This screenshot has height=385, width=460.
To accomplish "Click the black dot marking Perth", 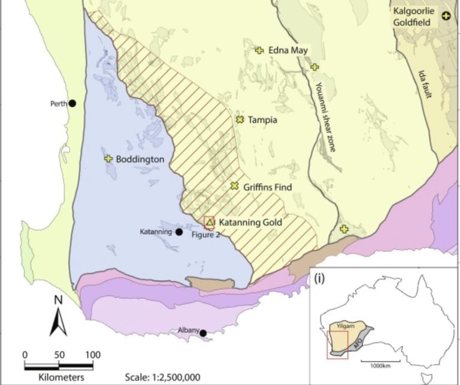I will point(72,103).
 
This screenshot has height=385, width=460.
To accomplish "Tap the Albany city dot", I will point(203,333).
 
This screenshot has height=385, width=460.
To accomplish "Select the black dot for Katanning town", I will point(178,232).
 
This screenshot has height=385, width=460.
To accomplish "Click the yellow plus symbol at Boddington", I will point(108,159).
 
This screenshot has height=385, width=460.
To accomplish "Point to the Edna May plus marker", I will point(259,50).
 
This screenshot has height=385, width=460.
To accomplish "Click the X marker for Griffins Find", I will point(235,187).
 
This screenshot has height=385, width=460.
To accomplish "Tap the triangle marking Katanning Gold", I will point(210,222).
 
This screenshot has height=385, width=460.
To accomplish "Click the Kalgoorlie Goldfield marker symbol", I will point(446,16).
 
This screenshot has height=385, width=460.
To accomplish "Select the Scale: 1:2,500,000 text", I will point(163,377).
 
